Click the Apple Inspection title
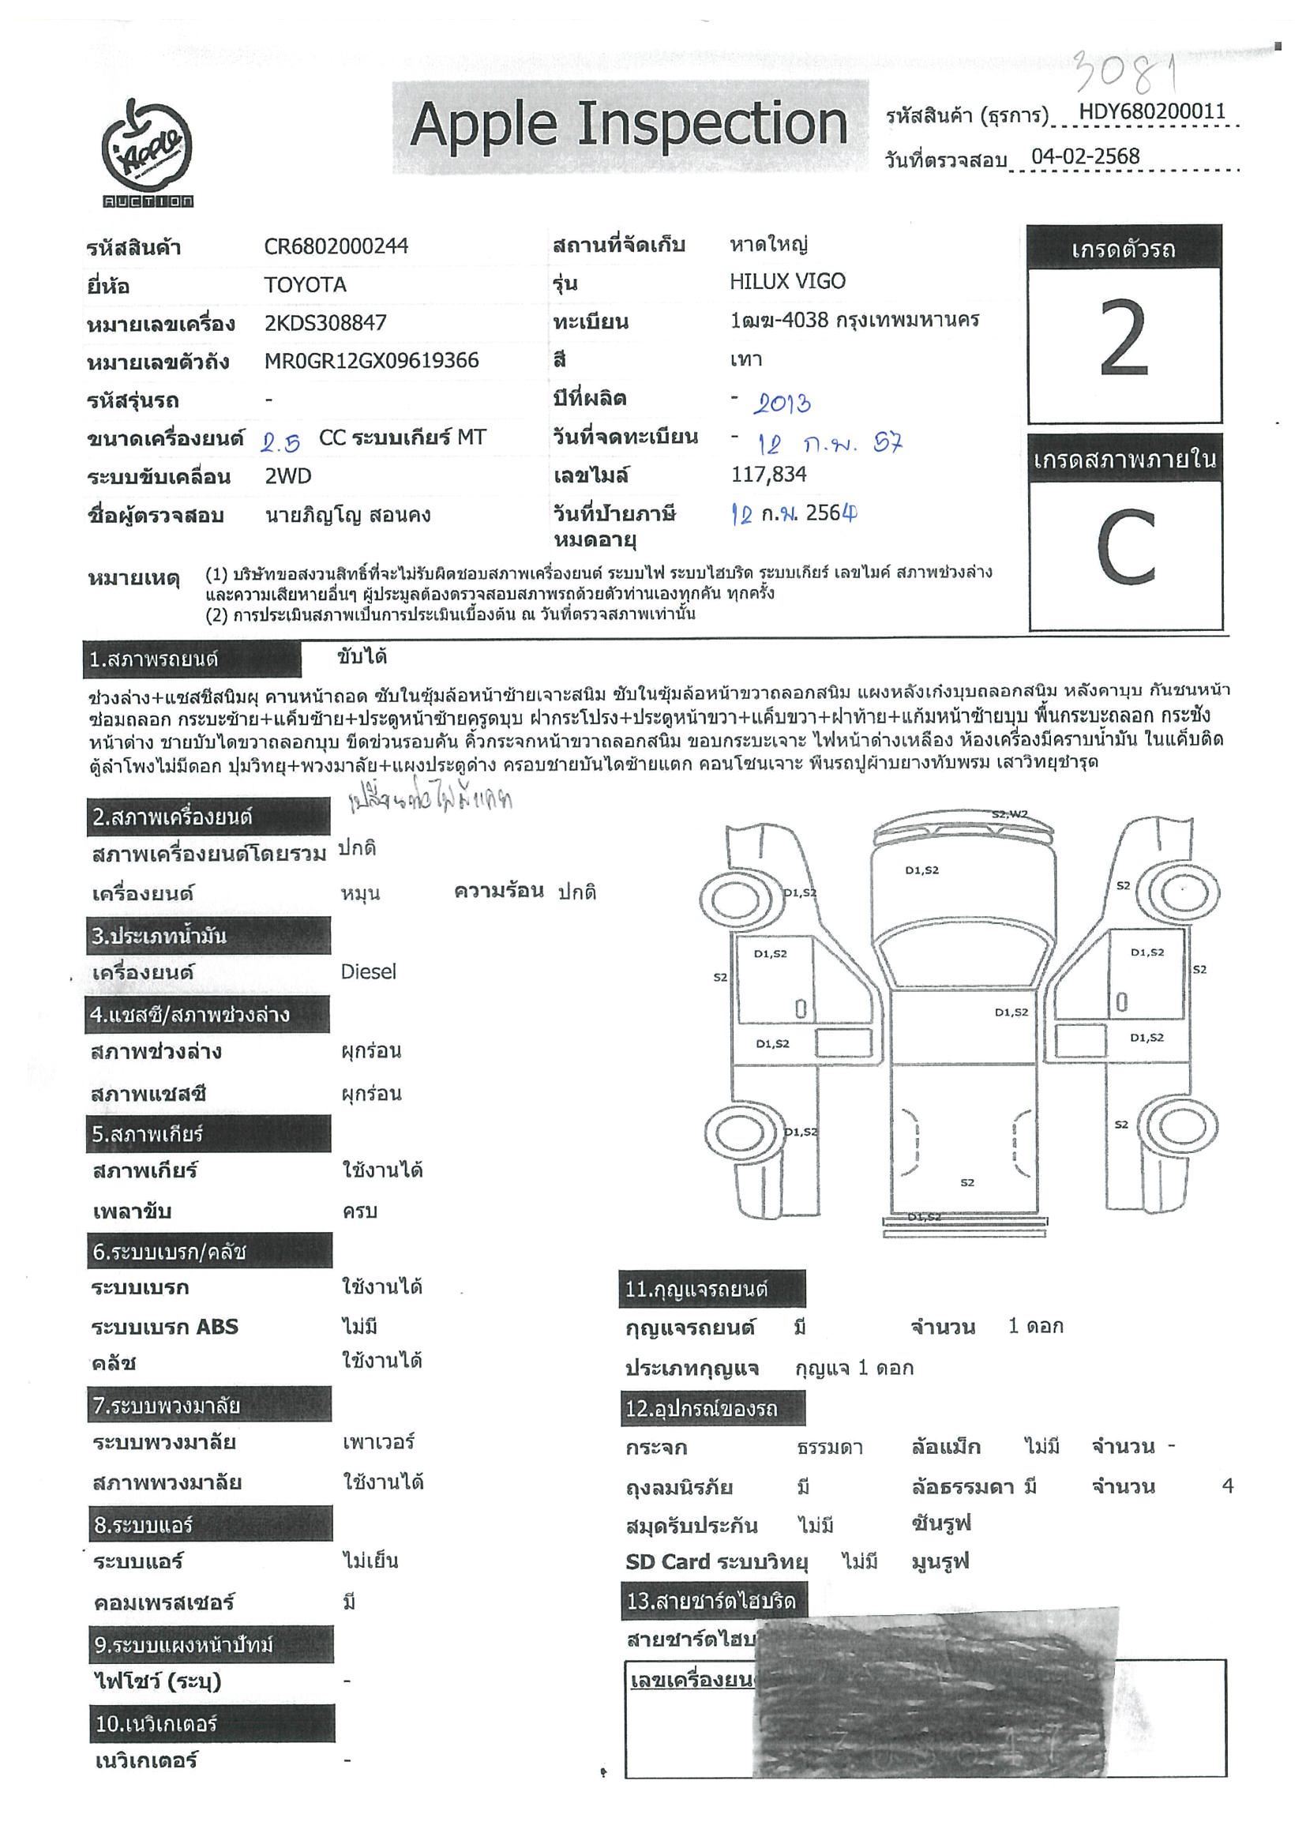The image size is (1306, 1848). (629, 126)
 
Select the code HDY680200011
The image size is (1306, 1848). (1151, 112)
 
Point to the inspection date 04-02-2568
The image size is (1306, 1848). (1086, 156)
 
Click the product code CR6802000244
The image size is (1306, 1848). (336, 246)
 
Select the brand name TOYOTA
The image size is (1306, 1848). (305, 285)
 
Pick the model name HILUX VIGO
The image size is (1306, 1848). (787, 282)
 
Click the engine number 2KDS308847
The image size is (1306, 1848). (325, 324)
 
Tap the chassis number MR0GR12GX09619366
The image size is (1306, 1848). (371, 361)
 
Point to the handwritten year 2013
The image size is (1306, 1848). (782, 403)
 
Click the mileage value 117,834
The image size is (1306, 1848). (768, 475)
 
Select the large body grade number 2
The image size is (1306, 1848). (1124, 338)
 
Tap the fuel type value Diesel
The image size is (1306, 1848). (369, 971)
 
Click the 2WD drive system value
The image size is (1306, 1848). (288, 476)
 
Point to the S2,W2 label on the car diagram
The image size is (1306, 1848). (1009, 814)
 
